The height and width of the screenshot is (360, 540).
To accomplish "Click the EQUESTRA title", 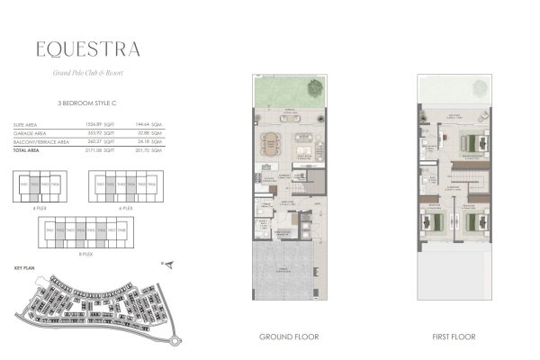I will click(x=88, y=49).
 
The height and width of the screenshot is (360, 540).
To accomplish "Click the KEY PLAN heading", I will click(x=25, y=267).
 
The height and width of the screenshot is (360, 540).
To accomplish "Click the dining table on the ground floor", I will click(x=271, y=142).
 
